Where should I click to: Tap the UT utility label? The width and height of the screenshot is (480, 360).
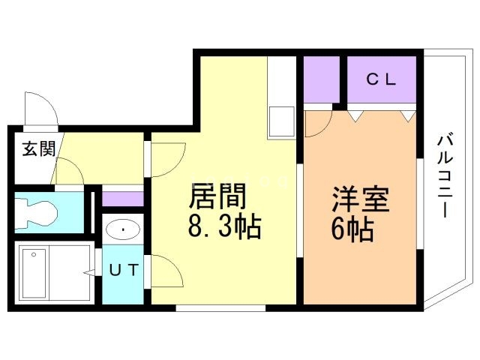(121, 271)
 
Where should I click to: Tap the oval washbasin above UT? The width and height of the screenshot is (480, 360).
(120, 229)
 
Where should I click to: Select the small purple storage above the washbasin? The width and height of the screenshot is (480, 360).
(121, 199)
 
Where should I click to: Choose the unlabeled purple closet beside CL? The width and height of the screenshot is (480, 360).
(324, 78)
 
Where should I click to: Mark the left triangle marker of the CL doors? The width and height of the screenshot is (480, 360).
(355, 115)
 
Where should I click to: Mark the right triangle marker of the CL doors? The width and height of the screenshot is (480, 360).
(407, 115)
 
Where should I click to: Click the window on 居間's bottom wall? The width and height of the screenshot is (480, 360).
(220, 307)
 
